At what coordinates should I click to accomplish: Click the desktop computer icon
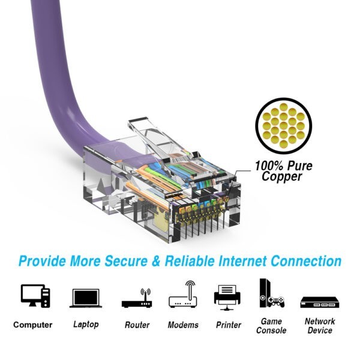click(x=35, y=296)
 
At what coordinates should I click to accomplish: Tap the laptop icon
click(x=86, y=298)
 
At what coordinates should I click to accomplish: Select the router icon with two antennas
click(x=137, y=298)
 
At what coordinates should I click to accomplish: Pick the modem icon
click(x=183, y=294)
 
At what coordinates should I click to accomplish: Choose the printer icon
click(x=227, y=298)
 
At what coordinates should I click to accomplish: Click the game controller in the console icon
click(x=276, y=301)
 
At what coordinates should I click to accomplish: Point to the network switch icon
click(x=320, y=302)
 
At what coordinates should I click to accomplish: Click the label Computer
click(x=33, y=325)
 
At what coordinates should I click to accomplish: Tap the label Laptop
click(x=86, y=324)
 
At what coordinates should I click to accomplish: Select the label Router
click(x=137, y=325)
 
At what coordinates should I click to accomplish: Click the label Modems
click(x=183, y=325)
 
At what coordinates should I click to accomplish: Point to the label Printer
click(x=229, y=325)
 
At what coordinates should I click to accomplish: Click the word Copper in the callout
click(x=282, y=176)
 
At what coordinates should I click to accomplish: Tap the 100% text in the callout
click(x=269, y=166)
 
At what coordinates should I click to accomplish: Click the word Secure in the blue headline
click(x=126, y=261)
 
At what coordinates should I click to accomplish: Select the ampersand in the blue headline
click(x=156, y=261)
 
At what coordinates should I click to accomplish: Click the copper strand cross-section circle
click(x=284, y=125)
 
